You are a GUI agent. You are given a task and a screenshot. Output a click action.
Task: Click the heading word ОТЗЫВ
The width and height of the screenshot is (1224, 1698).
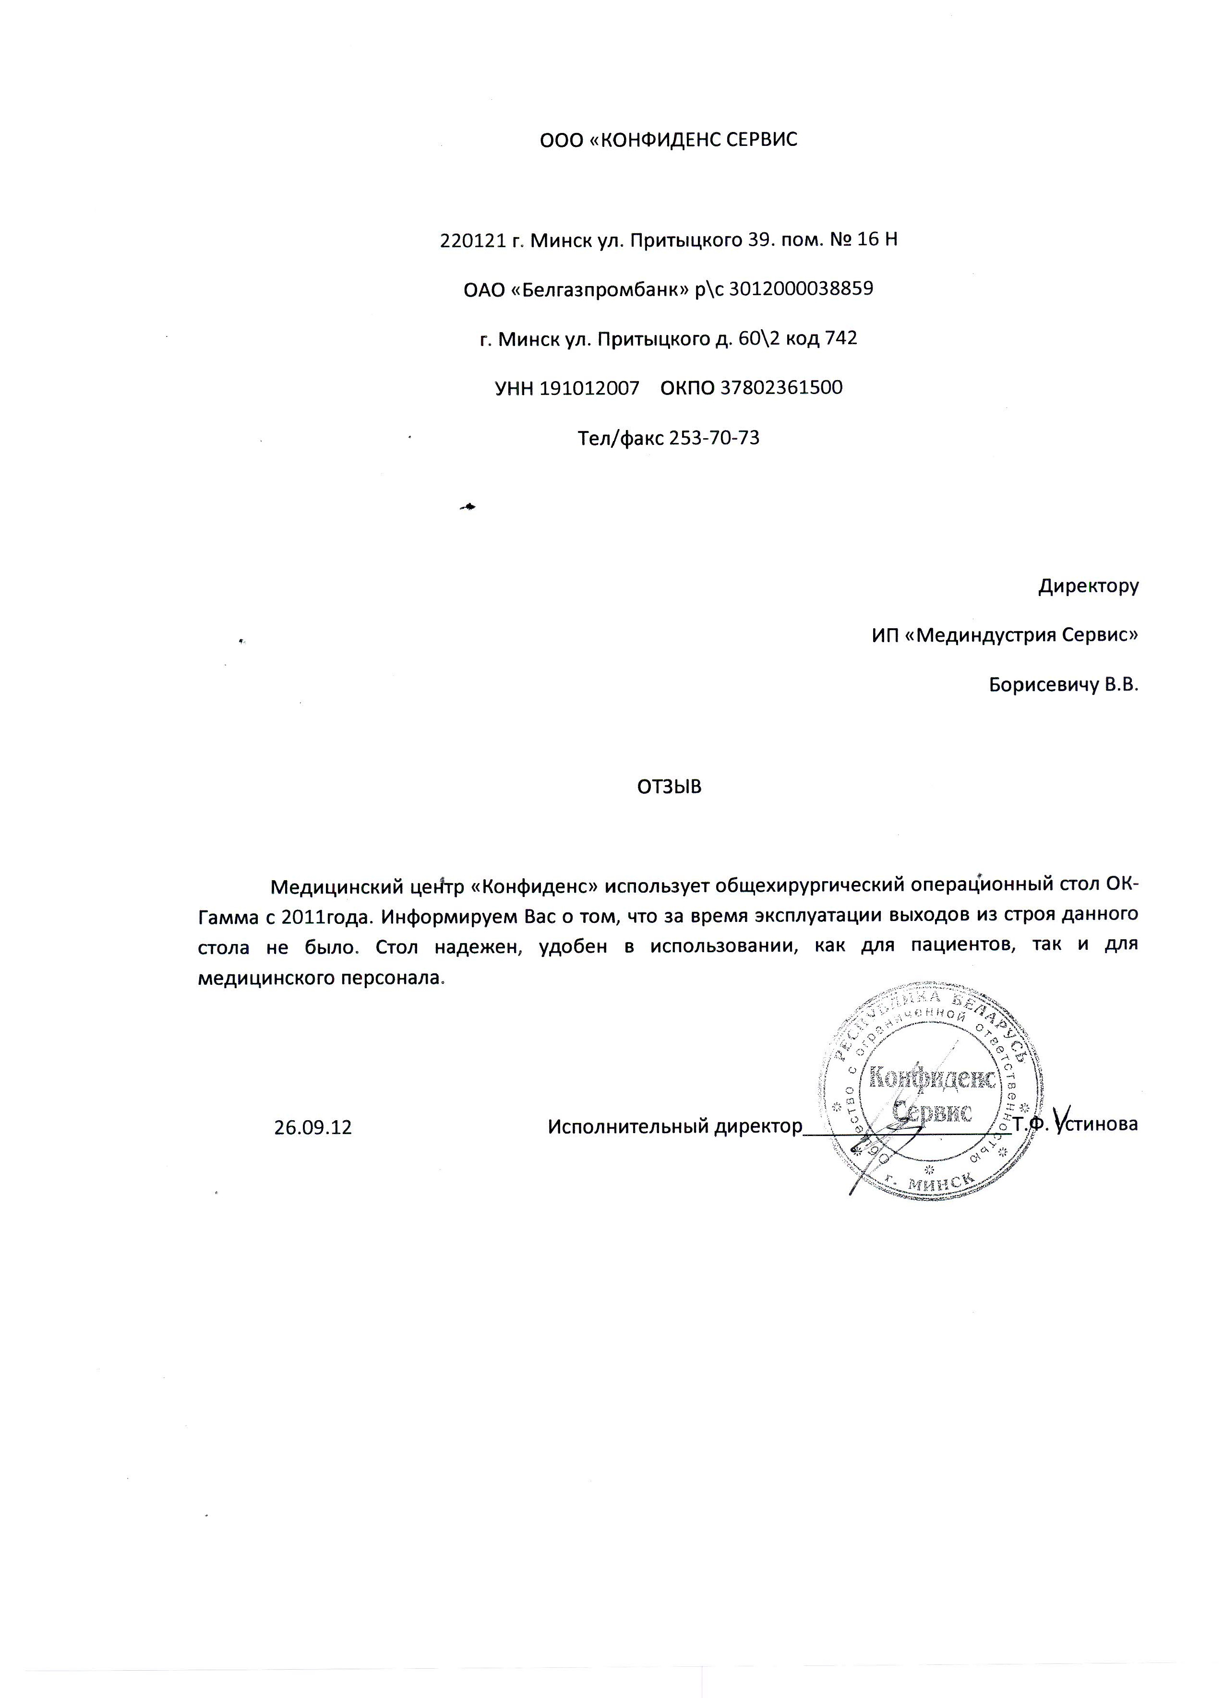(669, 787)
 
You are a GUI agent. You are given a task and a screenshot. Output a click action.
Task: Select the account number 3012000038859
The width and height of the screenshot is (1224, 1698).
(801, 289)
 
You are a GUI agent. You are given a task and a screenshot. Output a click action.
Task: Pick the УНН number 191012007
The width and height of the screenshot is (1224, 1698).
(589, 388)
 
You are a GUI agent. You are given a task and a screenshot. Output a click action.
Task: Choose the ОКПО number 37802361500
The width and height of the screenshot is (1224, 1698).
(781, 388)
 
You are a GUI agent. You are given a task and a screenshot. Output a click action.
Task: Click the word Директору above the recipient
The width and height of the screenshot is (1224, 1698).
(1088, 586)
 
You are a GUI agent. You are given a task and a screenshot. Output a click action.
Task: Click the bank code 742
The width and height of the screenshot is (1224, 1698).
(840, 338)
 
